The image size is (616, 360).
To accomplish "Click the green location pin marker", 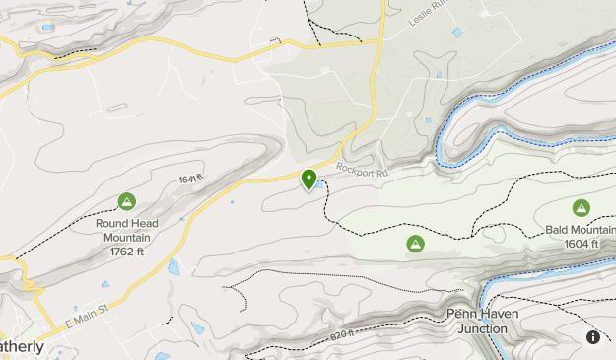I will [x=309, y=180].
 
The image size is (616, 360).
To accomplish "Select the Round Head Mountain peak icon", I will [x=126, y=202].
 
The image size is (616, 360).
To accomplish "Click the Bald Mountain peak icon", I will [x=582, y=208].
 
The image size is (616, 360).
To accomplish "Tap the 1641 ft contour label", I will [x=190, y=180].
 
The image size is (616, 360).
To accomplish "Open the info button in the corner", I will [x=593, y=337].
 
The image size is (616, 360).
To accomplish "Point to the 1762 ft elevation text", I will [x=126, y=251].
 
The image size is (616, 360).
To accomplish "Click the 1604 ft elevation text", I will [x=582, y=243].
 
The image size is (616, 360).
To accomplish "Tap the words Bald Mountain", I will [x=582, y=230].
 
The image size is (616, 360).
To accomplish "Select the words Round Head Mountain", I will [x=126, y=230].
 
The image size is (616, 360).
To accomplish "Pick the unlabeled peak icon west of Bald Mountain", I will [x=415, y=243].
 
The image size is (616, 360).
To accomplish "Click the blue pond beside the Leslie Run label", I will [x=457, y=33].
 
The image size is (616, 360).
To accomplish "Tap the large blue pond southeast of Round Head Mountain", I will [x=173, y=266].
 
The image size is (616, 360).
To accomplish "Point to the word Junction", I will [x=489, y=328].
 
